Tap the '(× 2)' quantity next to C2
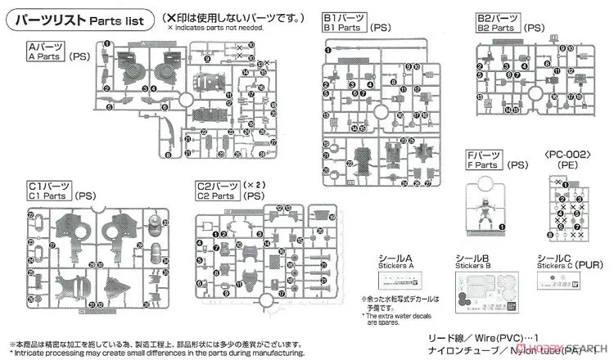tap(253, 185)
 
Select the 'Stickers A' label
tap(400, 261)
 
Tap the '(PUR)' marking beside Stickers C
tap(593, 263)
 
